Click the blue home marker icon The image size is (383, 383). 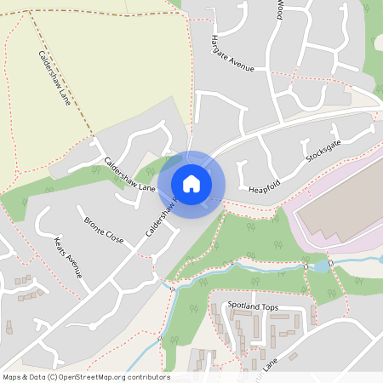coord(191,183)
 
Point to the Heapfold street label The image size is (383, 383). coord(265,185)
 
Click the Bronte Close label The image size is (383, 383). coord(103,230)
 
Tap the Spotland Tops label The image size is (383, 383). coord(252,305)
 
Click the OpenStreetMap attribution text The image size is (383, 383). coord(85,376)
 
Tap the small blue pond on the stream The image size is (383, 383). coord(320,266)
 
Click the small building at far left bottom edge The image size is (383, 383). coord(9,326)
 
